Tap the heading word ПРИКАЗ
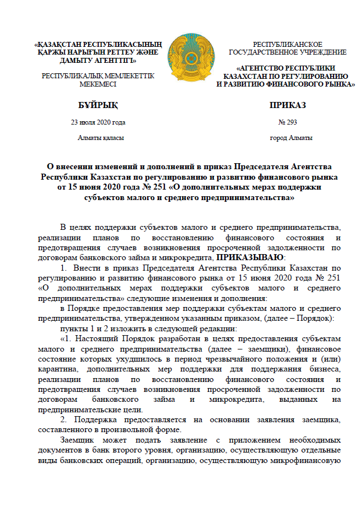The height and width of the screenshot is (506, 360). point(287,105)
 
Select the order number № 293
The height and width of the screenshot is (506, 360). point(288,122)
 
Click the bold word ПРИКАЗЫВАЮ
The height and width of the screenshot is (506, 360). point(250,257)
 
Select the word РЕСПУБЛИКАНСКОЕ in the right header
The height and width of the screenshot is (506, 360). point(287,44)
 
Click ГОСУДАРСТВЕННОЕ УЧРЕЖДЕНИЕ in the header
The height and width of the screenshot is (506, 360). point(287,52)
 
